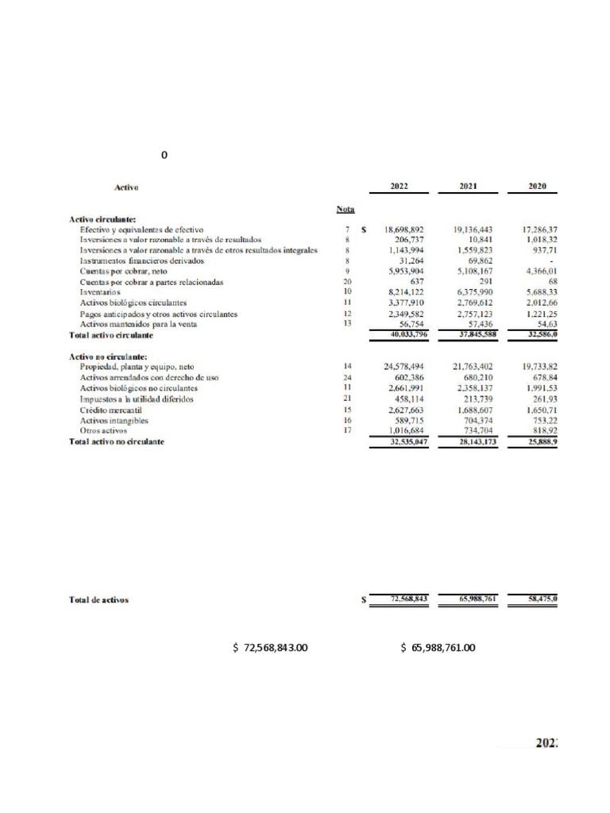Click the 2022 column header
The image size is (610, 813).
(x=399, y=187)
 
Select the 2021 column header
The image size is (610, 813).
(x=468, y=187)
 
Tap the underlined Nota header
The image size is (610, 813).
(x=346, y=209)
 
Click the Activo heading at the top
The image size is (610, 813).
(x=127, y=187)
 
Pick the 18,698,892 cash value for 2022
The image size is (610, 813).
(x=403, y=229)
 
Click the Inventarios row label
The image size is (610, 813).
(x=101, y=292)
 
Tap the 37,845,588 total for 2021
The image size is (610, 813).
(x=471, y=334)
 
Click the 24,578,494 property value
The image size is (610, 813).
(x=403, y=367)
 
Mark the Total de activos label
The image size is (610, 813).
(x=99, y=600)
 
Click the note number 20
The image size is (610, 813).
(x=347, y=282)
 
